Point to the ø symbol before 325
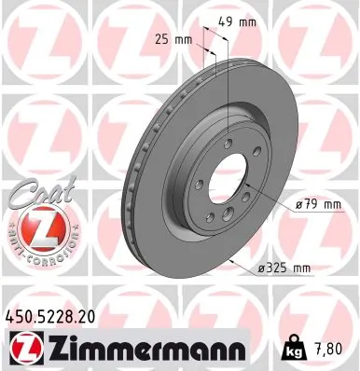(x=261, y=268)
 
